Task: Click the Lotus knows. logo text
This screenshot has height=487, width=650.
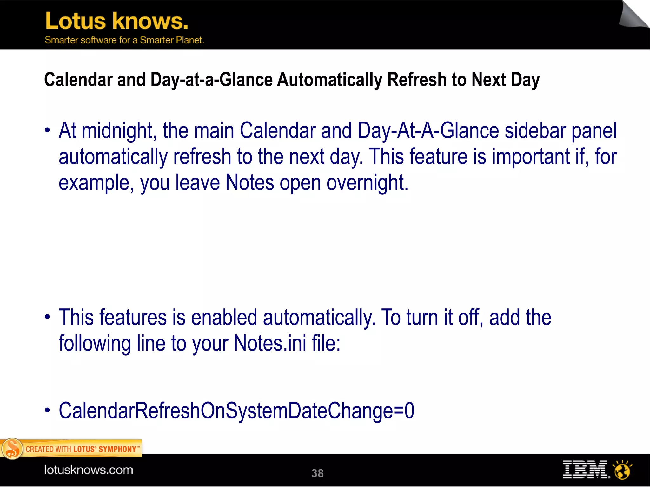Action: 116,21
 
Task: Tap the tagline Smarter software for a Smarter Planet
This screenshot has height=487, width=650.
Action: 124,40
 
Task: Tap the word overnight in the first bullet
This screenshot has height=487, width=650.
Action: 367,183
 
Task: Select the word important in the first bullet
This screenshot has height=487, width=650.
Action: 531,157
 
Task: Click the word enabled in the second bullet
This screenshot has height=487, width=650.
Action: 224,318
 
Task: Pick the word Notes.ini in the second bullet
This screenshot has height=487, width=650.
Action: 270,344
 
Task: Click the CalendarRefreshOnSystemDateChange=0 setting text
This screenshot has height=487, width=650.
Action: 236,411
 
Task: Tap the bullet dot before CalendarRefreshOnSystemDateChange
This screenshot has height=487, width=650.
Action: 47,410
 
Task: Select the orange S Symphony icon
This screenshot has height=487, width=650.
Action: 12,449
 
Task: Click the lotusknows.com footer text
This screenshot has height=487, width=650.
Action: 89,470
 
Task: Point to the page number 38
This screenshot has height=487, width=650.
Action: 317,473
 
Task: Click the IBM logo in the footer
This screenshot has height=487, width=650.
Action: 586,470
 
